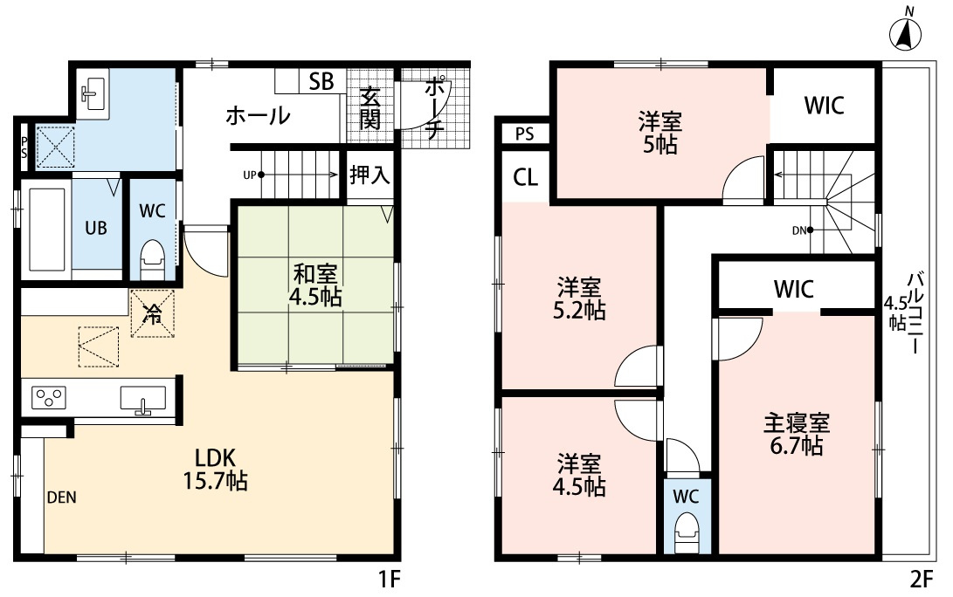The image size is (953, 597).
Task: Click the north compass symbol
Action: [x=908, y=33]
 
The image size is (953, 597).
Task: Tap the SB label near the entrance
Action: [x=321, y=82]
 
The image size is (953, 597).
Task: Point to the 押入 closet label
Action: [x=369, y=175]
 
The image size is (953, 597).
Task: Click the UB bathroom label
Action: [x=95, y=228]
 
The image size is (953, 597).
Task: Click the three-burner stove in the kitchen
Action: [x=48, y=398]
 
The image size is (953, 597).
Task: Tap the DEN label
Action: [x=62, y=498]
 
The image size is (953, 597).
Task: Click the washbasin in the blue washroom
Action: [x=92, y=90]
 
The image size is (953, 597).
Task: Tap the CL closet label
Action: [x=524, y=178]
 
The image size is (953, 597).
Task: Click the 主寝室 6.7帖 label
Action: [x=796, y=436]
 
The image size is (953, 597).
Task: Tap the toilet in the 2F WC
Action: [x=687, y=529]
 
